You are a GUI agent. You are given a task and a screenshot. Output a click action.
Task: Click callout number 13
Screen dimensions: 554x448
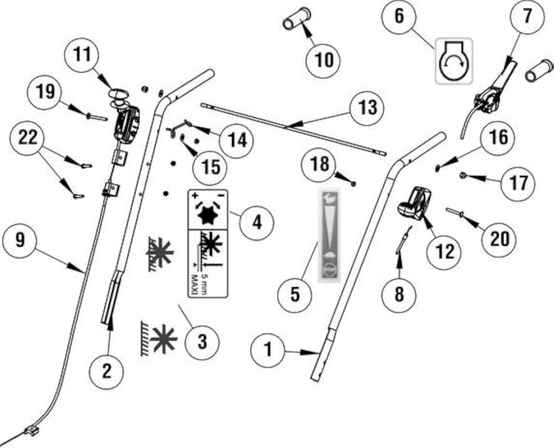tap(367, 107)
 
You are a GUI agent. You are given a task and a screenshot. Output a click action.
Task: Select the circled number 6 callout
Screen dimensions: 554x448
tap(399, 17)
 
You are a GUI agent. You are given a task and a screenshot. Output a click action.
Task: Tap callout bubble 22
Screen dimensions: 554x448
tap(27, 138)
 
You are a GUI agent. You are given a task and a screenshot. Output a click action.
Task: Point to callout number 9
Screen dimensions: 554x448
tap(20, 241)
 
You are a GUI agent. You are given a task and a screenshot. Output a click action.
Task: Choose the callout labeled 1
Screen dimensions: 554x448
tap(268, 350)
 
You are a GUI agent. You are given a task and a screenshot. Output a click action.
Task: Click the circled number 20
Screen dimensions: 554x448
tap(499, 239)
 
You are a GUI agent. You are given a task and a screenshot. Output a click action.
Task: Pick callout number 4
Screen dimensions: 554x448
tap(257, 223)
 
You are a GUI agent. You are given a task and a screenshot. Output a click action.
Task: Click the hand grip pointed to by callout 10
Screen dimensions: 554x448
tap(297, 18)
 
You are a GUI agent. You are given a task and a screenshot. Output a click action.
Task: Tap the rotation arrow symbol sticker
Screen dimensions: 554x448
tap(454, 61)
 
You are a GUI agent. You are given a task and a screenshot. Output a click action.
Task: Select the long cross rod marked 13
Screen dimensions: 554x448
tap(293, 129)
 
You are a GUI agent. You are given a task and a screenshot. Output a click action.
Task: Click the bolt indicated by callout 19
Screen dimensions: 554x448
tap(97, 117)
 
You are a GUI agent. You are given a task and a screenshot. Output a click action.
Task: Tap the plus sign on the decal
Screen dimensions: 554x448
tap(195, 196)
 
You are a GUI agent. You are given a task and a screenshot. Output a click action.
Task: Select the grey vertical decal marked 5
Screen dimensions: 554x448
tap(329, 235)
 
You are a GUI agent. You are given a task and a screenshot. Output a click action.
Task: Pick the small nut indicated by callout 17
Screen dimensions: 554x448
tap(463, 176)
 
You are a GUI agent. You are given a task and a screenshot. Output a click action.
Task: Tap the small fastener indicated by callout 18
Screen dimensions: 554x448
tap(353, 184)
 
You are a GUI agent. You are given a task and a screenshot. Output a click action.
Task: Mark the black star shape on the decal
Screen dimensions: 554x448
tap(208, 215)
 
